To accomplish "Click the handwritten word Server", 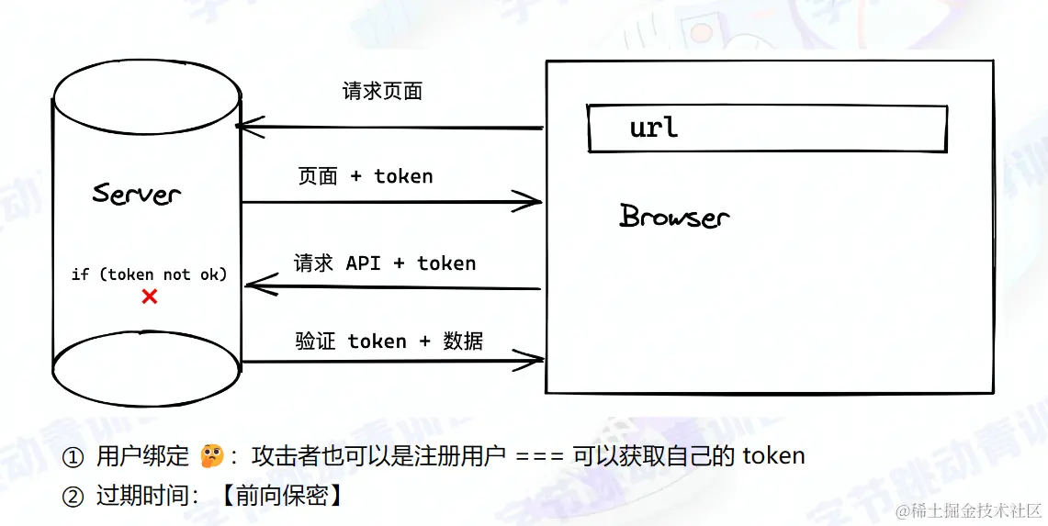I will tap(137, 194).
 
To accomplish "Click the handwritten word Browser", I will tap(674, 217).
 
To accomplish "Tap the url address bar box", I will tap(767, 129).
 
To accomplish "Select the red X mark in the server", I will tap(149, 297).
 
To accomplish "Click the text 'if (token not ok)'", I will tap(149, 274).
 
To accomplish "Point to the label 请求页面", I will tap(382, 91).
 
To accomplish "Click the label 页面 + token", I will tap(365, 176).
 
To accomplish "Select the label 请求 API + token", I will tap(385, 263).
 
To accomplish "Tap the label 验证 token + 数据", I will tap(389, 341).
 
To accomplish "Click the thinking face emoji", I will tap(212, 455).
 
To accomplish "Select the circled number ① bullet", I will tap(73, 456).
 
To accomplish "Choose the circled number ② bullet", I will tap(73, 497).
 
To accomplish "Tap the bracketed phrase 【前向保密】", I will tap(283, 497).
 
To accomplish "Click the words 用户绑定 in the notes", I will tap(142, 456).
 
